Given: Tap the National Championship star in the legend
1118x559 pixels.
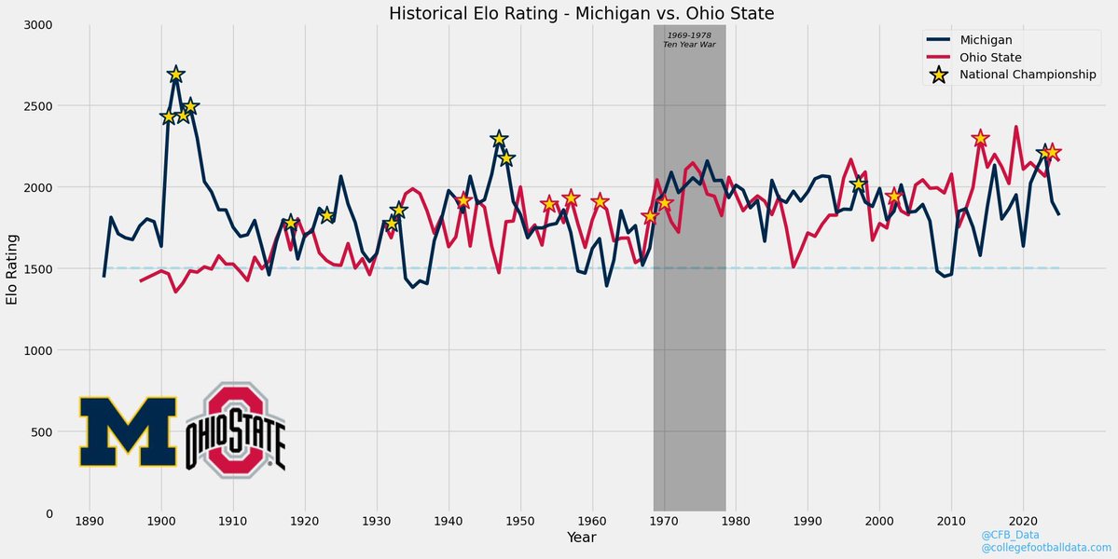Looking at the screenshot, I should [x=939, y=75].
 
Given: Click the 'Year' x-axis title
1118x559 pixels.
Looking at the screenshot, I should [x=582, y=538].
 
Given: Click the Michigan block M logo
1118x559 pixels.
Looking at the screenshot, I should [x=128, y=431].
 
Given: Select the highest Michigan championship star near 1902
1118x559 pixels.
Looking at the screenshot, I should [x=175, y=75].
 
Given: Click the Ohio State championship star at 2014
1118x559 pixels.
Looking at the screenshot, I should [x=980, y=139].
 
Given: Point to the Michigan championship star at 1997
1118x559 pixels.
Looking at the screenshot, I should [x=858, y=184].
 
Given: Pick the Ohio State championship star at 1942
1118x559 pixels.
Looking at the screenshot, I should [x=463, y=200].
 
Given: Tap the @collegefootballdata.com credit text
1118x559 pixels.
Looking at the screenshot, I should [x=1046, y=548].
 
